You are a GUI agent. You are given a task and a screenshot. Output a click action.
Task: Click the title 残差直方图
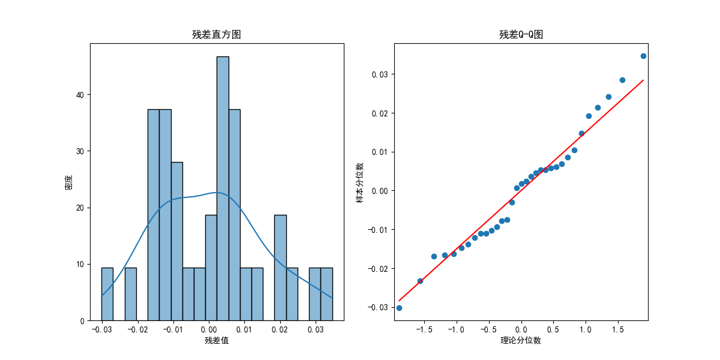coord(216,35)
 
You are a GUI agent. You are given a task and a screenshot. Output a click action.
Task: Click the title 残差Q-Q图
coord(521,35)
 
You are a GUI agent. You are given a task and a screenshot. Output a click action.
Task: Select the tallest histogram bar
coord(223,188)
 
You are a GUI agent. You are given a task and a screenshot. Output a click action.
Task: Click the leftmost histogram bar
coord(107,294)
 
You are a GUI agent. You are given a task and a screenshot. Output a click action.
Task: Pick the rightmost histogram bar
coord(326,294)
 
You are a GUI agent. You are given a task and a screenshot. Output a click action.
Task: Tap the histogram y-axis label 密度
coord(68,182)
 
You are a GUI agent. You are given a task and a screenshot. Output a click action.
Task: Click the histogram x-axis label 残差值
coord(216,341)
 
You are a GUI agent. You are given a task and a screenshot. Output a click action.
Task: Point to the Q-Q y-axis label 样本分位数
coord(360,182)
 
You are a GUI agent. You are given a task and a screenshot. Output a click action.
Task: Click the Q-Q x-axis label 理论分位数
coord(521,341)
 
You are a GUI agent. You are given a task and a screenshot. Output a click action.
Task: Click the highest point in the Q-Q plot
coord(643,56)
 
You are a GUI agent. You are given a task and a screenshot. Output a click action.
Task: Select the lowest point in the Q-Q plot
coord(399,308)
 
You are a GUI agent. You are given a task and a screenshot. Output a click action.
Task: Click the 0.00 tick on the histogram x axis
coord(209,330)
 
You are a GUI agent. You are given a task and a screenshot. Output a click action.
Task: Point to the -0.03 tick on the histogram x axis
coord(101,330)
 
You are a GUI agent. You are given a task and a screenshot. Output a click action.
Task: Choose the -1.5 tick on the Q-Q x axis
coord(424,330)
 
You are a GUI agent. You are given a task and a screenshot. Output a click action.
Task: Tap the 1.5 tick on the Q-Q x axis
coord(618,330)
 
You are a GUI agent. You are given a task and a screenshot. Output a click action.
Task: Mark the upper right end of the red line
coord(643,80)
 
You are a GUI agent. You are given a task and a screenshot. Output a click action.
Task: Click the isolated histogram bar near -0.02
coord(130,294)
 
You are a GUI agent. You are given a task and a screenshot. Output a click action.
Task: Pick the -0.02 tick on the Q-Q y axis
coord(379,268)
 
